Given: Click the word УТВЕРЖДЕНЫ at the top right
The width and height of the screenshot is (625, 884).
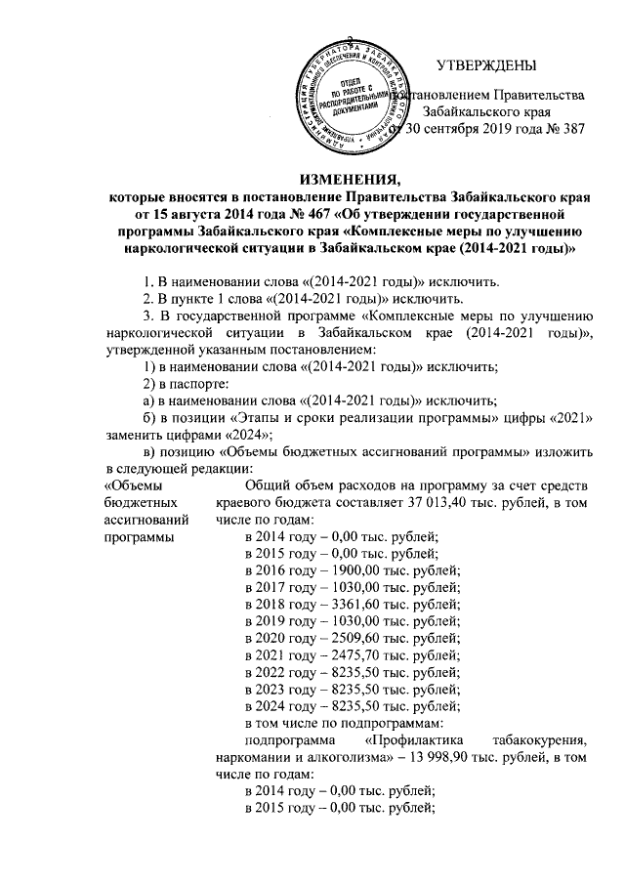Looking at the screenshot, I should tap(484, 65).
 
